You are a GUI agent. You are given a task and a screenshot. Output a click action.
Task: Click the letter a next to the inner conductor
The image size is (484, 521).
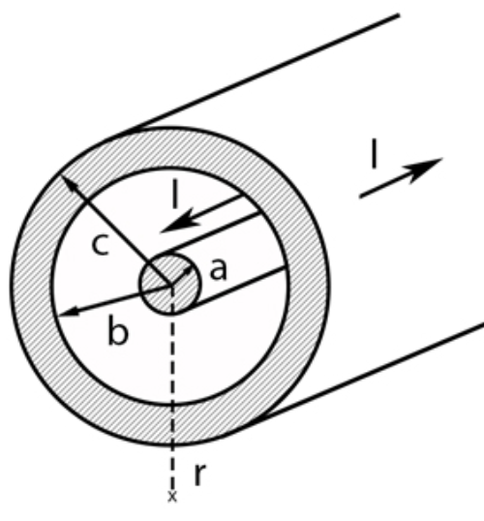pos(219,269)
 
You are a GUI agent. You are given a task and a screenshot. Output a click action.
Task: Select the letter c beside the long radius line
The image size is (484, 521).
pos(101,245)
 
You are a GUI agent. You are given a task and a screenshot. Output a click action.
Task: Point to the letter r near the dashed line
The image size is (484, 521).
pos(199,474)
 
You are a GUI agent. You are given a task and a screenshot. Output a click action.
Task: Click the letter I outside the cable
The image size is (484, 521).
pos(375,154)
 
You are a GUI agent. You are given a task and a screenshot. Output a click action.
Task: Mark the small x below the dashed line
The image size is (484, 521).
pos(172,497)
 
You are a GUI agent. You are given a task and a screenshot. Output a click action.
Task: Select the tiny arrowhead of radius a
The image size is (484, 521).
pos(188,271)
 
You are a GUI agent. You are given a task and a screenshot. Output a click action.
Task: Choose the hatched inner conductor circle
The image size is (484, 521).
pos(169,285)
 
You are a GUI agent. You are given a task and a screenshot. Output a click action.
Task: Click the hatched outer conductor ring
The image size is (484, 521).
pos(31,286)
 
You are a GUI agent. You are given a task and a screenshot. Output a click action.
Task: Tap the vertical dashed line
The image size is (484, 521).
pos(172,388)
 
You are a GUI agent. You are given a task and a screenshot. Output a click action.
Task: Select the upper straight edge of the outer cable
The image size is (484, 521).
pos(266,72)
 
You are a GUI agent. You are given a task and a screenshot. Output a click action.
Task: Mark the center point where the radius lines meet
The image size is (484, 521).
pos(171,286)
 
